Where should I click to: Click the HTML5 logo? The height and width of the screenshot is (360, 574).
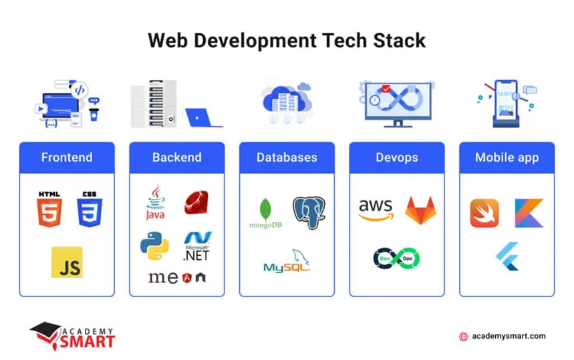click(x=49, y=208)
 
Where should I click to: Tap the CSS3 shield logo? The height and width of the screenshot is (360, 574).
click(x=90, y=208)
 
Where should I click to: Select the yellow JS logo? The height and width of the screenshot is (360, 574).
click(x=67, y=262)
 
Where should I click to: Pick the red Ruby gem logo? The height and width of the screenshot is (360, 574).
click(x=196, y=202)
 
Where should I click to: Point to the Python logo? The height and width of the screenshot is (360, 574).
click(x=154, y=246)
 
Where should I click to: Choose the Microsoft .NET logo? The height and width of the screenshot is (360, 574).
click(x=197, y=246)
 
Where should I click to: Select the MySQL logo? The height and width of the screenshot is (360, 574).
click(x=287, y=262)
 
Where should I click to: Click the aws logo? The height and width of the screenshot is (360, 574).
click(x=376, y=209)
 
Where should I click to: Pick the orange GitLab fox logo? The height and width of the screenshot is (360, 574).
click(x=419, y=209)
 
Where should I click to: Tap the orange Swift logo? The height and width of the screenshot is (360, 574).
click(x=484, y=213)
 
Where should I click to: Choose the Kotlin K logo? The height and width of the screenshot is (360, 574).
click(x=529, y=213)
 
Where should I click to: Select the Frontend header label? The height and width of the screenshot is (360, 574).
click(x=67, y=158)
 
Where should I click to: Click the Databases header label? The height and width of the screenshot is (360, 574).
click(x=287, y=158)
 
